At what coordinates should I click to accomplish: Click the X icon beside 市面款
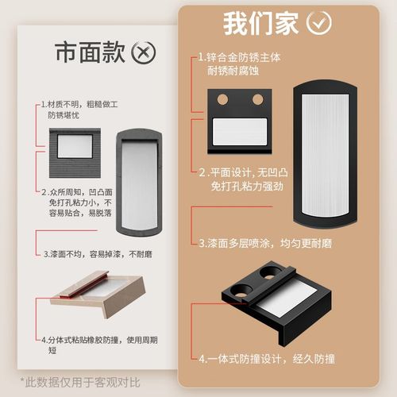[x=143, y=53]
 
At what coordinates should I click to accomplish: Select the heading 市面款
[x=89, y=53]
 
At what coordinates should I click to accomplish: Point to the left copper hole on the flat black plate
[x=223, y=99]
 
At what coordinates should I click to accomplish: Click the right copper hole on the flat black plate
[x=256, y=99]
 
